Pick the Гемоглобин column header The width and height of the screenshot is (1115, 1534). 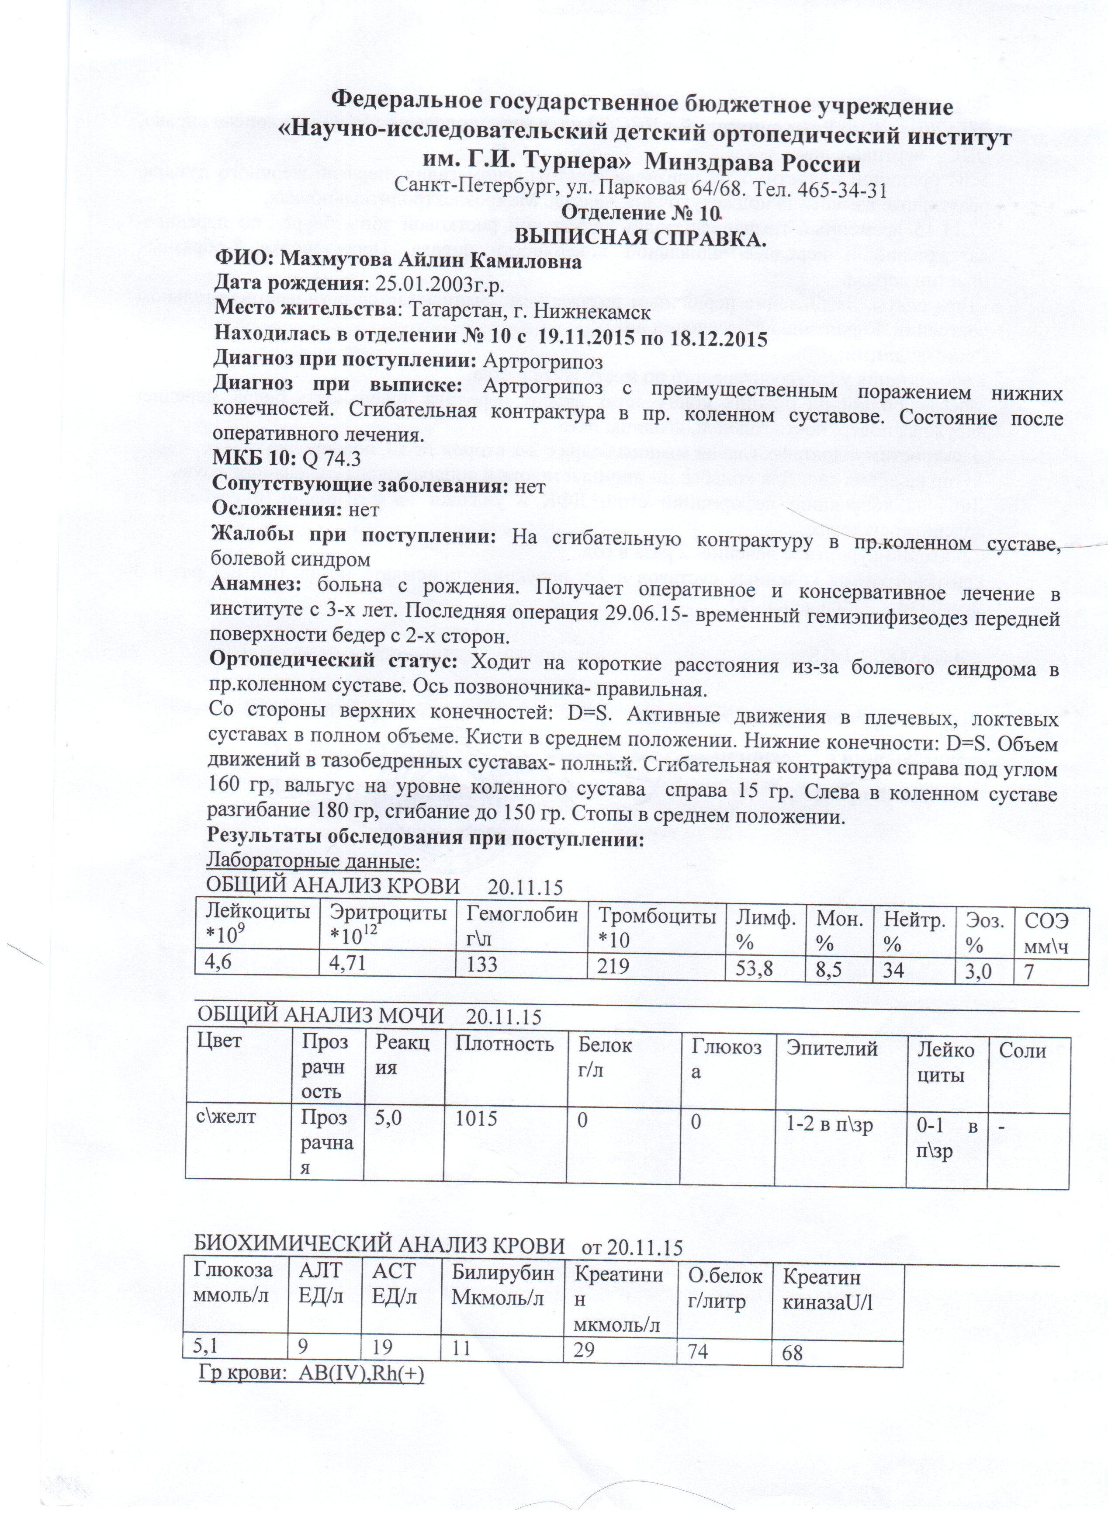point(522,916)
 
